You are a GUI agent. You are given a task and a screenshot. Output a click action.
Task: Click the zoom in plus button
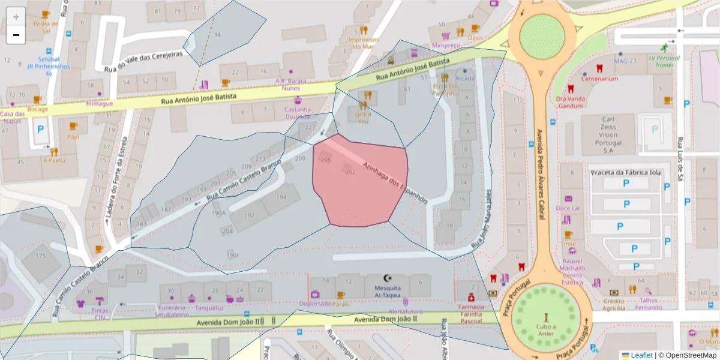click(16, 16)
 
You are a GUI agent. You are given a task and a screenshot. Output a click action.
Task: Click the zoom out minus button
click(16, 35)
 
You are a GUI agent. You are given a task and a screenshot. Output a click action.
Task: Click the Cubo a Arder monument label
click(546, 329)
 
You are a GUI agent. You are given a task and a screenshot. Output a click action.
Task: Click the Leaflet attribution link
click(641, 355)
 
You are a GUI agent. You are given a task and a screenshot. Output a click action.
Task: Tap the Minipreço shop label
click(445, 45)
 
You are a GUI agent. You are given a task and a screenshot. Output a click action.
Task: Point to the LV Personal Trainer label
click(664, 61)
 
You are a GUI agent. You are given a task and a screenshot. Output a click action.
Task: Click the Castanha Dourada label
click(298, 113)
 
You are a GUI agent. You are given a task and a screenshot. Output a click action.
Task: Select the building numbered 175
click(40, 256)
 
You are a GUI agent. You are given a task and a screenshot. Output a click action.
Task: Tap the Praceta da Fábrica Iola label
click(625, 173)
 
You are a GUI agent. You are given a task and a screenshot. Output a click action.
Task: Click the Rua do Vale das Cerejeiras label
click(143, 60)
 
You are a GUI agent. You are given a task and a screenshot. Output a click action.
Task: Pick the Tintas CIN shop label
click(100, 314)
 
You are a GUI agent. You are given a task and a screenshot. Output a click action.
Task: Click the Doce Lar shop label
click(568, 208)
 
